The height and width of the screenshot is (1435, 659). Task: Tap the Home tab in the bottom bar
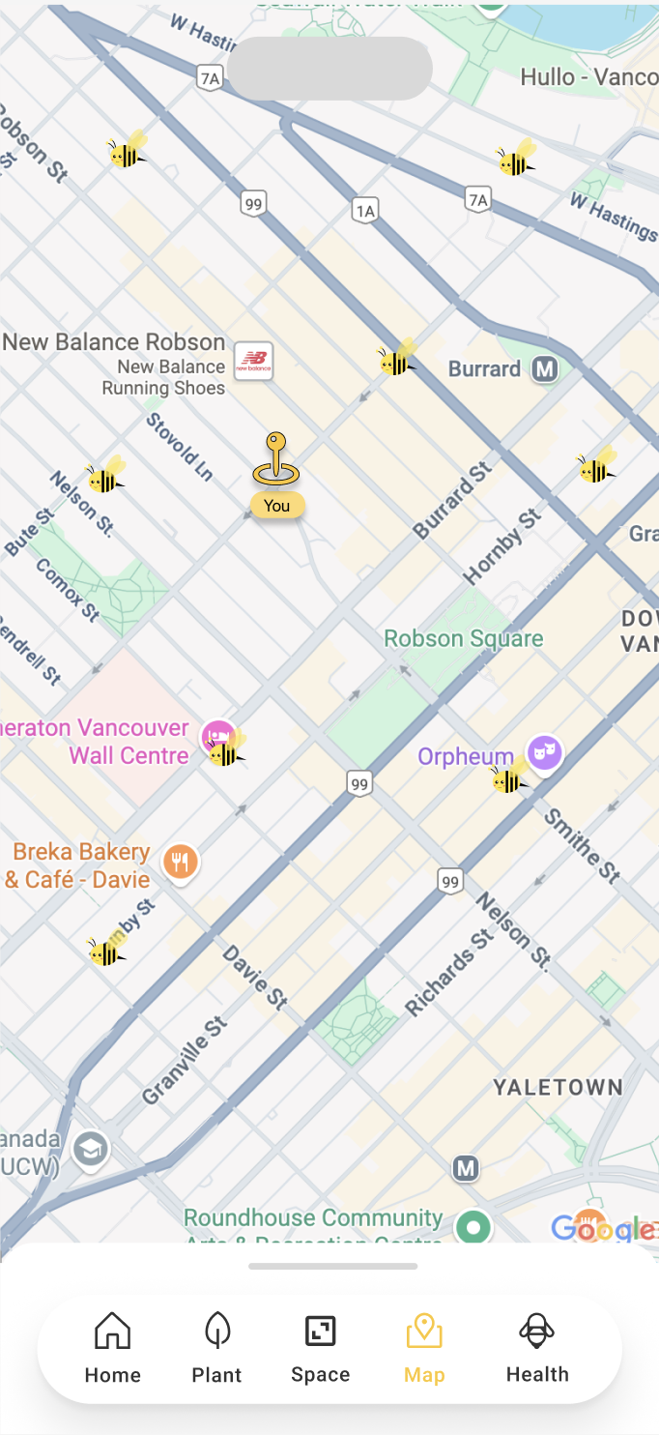click(x=112, y=1347)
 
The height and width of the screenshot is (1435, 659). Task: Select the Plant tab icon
click(x=216, y=1347)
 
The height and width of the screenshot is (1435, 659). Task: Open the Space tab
click(x=320, y=1347)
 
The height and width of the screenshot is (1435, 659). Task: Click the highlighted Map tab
click(x=424, y=1347)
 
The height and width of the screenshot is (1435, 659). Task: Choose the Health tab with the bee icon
click(x=537, y=1347)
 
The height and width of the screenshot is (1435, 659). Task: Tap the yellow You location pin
click(x=276, y=462)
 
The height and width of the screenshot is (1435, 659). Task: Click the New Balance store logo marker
click(x=254, y=361)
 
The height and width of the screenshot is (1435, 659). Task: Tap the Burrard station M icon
click(x=545, y=368)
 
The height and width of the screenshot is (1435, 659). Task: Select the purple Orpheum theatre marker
click(x=544, y=750)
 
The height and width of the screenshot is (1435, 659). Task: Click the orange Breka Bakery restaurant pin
click(x=180, y=861)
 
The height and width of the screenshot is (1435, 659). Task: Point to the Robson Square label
click(x=464, y=638)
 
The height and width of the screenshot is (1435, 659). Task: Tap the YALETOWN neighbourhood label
click(x=558, y=1087)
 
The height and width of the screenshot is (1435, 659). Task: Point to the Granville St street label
click(x=185, y=1061)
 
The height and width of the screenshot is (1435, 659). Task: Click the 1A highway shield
click(x=365, y=211)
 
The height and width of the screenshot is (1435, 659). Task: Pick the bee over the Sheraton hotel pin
click(x=227, y=750)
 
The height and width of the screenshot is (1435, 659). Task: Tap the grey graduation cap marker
click(x=91, y=1149)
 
